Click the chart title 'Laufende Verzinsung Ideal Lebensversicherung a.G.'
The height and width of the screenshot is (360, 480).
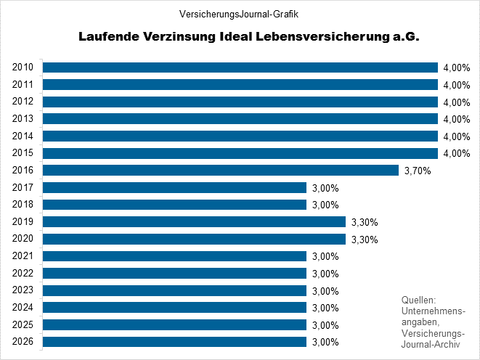250,36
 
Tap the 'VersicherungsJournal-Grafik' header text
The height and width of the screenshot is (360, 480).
239,14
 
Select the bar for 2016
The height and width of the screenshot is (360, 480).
221,171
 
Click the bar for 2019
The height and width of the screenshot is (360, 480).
194,221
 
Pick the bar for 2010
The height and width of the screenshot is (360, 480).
240,67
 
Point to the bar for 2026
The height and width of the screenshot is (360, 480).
174,342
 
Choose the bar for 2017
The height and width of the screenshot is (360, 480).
174,188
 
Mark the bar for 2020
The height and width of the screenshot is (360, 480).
194,239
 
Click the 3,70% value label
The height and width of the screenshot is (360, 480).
417,171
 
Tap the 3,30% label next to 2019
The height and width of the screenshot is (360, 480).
365,222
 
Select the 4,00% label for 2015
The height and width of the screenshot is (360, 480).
456,154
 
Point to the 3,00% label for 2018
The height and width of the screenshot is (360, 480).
325,205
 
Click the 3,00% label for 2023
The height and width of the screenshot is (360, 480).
325,291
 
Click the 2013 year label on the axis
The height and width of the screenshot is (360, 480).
23,118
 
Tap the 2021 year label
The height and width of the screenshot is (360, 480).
23,255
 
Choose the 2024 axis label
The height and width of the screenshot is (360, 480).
23,307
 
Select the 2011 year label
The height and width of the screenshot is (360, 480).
23,84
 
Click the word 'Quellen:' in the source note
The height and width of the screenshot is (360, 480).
418,300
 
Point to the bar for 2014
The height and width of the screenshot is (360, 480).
240,136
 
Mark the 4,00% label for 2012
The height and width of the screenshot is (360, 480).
456,102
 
